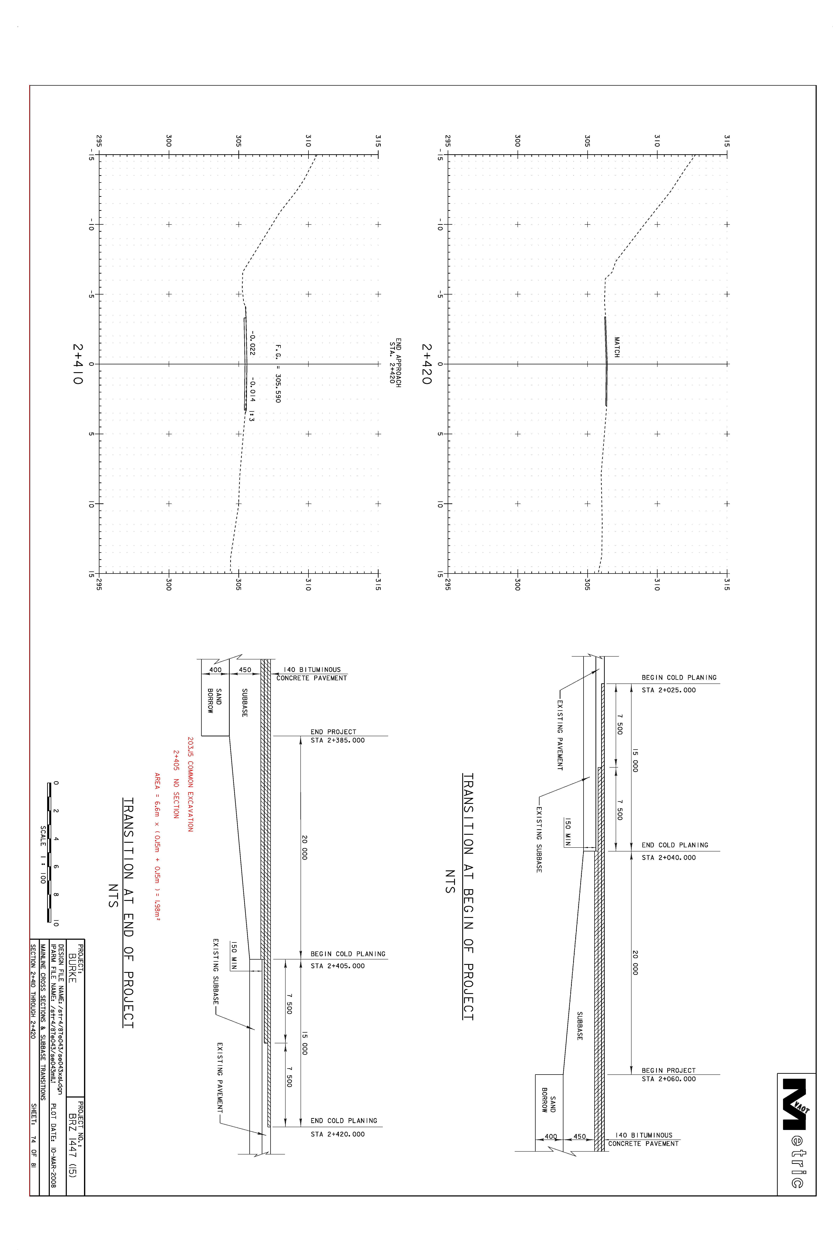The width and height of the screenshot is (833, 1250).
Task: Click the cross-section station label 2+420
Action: click(427, 364)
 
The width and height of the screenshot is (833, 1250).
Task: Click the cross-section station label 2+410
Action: click(78, 364)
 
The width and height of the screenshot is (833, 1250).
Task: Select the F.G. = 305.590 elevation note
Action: click(277, 374)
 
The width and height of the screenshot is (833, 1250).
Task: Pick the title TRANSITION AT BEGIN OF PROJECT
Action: click(468, 897)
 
